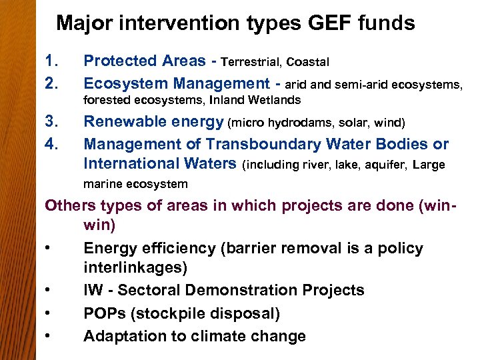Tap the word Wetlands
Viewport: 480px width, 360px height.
click(274, 101)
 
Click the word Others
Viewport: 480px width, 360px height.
click(69, 205)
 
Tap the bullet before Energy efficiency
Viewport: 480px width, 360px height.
click(49, 249)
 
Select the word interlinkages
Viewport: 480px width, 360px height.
click(135, 268)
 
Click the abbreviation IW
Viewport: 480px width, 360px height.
click(94, 290)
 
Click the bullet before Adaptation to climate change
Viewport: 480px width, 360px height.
click(49, 337)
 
